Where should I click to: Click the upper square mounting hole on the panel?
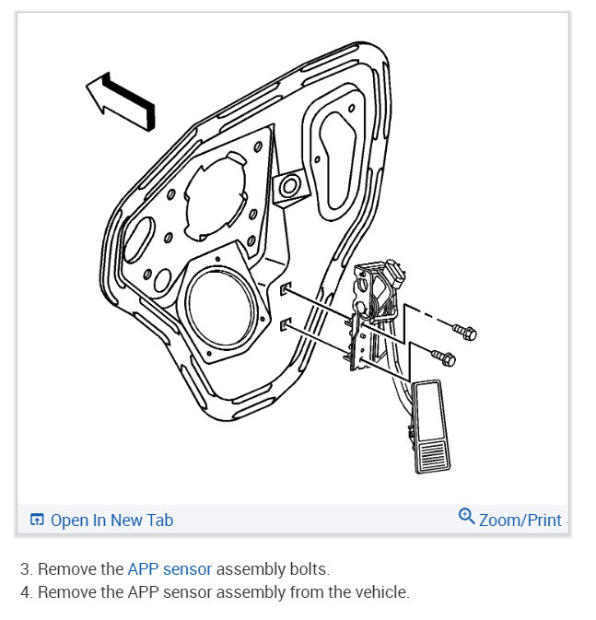coord(285,291)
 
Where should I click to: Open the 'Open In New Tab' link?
coord(111,521)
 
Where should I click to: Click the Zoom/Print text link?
coord(520,521)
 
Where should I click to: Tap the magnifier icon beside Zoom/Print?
coord(467,517)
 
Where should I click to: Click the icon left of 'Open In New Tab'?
coord(37,521)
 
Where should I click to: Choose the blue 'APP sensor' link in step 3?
coord(169,569)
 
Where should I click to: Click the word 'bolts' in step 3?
coord(308,569)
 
